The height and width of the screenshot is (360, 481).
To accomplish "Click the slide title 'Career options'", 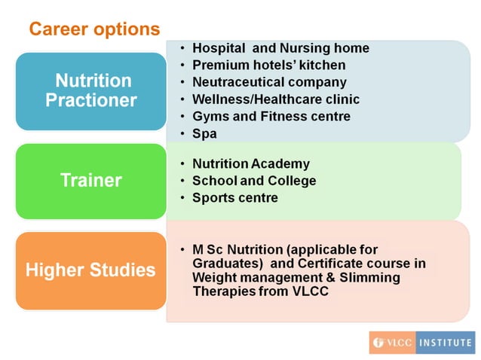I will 94,29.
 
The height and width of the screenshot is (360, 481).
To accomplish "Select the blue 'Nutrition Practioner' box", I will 90,90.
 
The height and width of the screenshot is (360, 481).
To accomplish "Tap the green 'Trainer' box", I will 90,181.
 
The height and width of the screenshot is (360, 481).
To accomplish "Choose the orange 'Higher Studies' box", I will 90,270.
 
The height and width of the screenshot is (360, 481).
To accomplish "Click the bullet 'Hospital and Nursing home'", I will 280,48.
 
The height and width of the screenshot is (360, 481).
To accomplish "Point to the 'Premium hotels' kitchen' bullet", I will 268,66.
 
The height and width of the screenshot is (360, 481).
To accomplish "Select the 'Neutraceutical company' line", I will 269,82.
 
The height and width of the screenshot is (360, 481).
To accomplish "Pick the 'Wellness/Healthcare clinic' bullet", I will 275,99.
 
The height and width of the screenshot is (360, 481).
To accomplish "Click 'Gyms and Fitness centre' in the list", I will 271,117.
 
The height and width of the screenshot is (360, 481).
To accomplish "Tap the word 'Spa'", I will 204,134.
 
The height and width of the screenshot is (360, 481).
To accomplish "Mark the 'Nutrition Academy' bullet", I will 250,163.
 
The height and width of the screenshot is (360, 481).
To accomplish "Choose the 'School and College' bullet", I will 254,181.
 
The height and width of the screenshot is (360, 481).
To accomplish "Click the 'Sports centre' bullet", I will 234,198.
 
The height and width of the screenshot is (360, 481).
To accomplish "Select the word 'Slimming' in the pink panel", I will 374,278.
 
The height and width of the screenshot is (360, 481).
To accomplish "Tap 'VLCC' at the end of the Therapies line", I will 311,292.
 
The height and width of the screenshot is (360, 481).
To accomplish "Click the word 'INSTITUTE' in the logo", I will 446,343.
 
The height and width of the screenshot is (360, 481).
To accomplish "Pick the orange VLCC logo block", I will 392,343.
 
